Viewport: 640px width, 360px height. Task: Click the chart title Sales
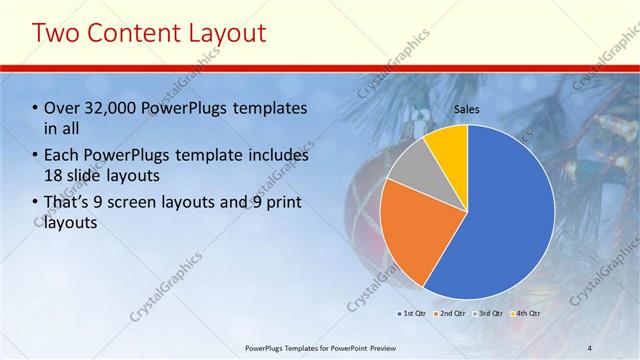point(467,108)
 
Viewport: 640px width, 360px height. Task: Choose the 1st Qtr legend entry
point(412,314)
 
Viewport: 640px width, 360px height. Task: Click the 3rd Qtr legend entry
point(489,314)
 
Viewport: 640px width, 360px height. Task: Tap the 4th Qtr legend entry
point(526,314)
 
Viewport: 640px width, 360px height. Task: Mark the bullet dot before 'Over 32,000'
point(36,108)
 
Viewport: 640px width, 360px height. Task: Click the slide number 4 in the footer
point(589,348)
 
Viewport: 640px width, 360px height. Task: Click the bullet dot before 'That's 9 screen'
point(36,203)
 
